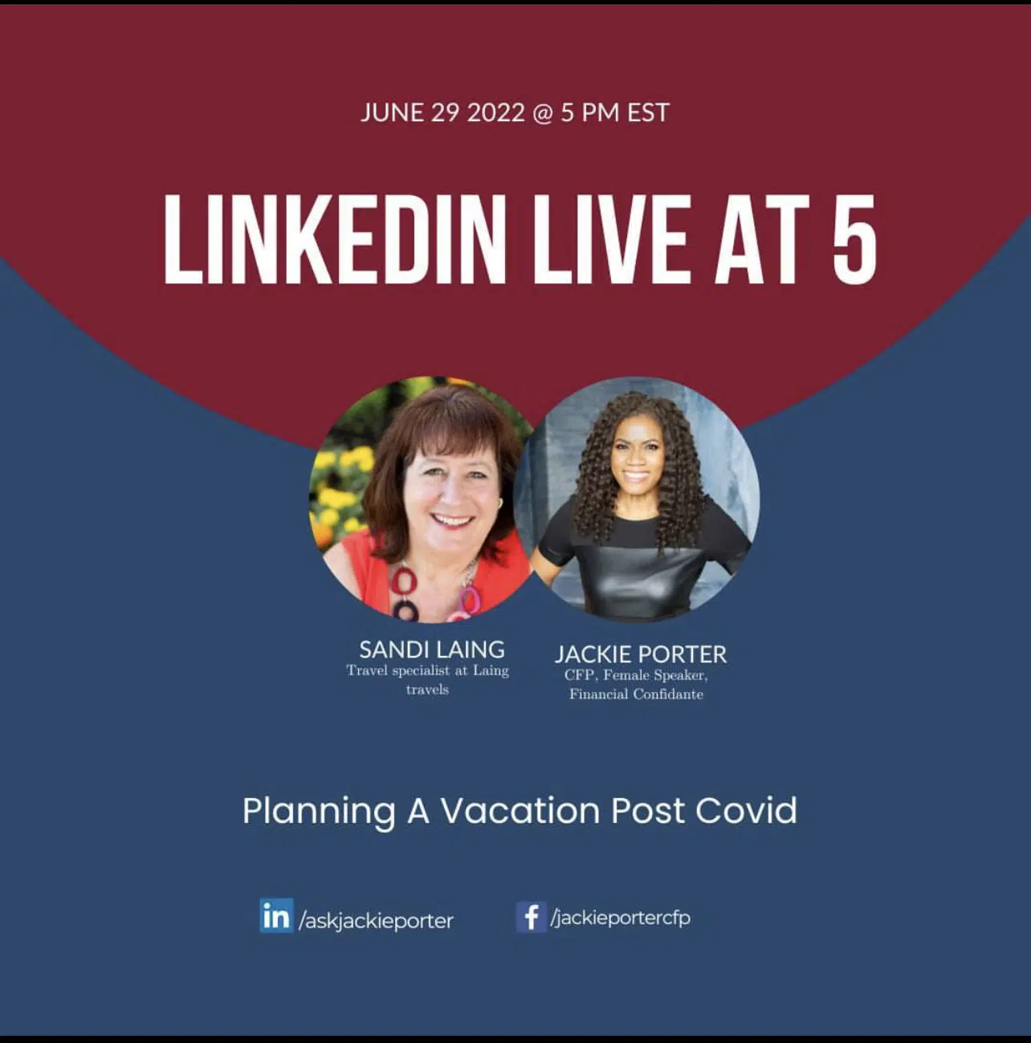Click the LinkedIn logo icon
pyautogui.click(x=276, y=915)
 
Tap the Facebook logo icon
pyautogui.click(x=532, y=916)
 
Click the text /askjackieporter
pyautogui.click(x=376, y=921)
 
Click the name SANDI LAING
pyautogui.click(x=431, y=649)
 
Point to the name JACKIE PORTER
pyautogui.click(x=641, y=654)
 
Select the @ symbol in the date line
pyautogui.click(x=543, y=113)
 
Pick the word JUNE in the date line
pyautogui.click(x=392, y=112)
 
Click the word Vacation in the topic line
pyautogui.click(x=520, y=811)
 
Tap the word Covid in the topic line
pyautogui.click(x=746, y=811)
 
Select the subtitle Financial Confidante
pyautogui.click(x=636, y=695)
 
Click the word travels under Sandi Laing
pyautogui.click(x=427, y=690)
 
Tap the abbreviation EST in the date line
pyautogui.click(x=648, y=112)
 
